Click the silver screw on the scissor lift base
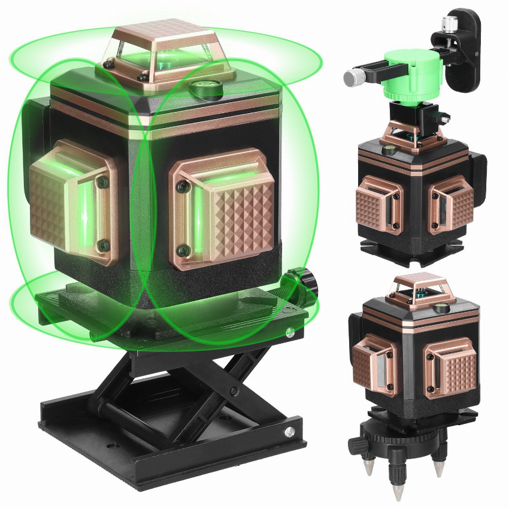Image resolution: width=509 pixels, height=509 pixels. point(289,430)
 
